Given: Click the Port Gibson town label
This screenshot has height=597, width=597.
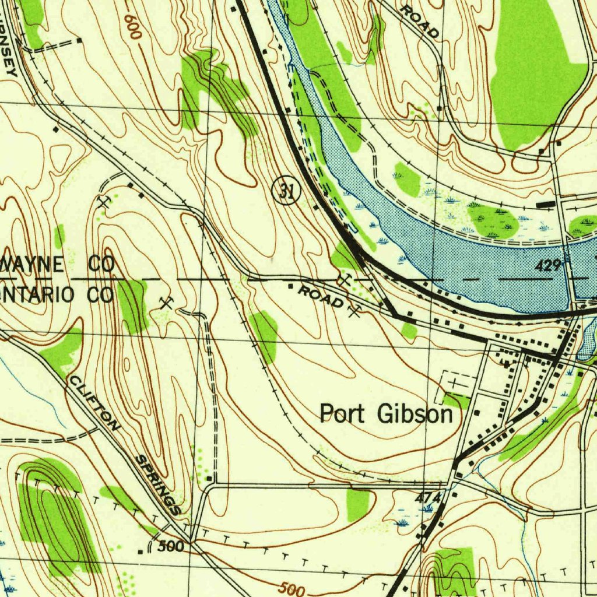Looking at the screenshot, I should [x=386, y=414].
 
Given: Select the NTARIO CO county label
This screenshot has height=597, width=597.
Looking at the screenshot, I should [x=57, y=295].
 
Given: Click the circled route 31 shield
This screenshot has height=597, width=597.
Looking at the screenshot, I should [x=286, y=191].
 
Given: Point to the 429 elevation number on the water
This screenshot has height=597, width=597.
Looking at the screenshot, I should [x=548, y=266].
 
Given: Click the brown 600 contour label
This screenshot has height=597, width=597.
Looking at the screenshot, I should [x=133, y=26].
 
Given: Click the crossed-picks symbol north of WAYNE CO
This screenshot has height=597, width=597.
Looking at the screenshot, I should [x=104, y=202].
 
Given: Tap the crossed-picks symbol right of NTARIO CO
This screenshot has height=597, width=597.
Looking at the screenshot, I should [x=167, y=302].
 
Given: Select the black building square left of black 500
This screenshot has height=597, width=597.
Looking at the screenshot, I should [x=140, y=551].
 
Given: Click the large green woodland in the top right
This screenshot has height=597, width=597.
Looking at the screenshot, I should [x=533, y=76].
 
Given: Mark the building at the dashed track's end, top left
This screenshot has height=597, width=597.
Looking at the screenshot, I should [x=79, y=41].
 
